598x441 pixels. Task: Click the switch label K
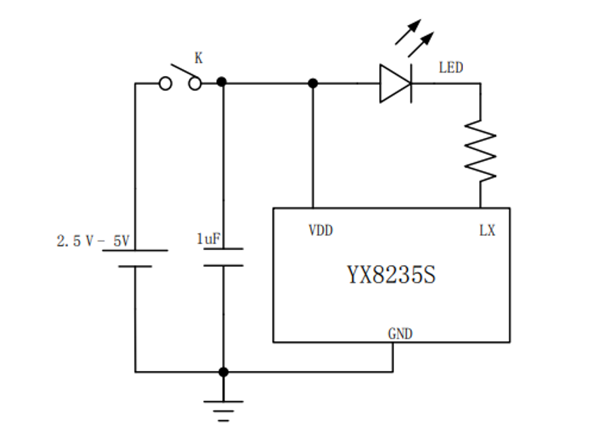[198, 58]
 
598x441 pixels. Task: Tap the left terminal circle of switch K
[165, 83]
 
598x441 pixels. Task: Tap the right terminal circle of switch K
[195, 83]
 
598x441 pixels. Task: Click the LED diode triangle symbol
[395, 83]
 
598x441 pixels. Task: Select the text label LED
[451, 67]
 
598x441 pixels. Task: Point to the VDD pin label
[321, 230]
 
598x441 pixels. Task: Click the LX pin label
[487, 230]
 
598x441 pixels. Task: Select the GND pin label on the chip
[400, 334]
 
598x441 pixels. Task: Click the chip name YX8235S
[391, 275]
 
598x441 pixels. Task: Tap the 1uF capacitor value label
[209, 239]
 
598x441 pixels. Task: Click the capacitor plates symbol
[223, 257]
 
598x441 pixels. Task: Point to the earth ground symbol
[223, 406]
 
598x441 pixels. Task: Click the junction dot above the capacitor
[222, 82]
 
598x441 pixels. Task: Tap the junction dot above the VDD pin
[313, 83]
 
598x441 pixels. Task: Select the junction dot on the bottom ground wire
[223, 372]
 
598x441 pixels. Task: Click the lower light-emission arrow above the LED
[421, 44]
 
